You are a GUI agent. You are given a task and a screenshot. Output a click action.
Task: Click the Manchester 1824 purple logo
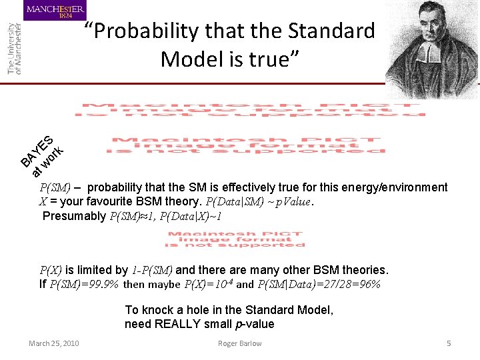click(55, 11)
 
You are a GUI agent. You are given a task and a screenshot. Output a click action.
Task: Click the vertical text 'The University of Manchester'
click(15, 48)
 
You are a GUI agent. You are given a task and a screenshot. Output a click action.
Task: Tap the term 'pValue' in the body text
click(292, 202)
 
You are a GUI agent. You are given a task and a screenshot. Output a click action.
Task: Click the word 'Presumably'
click(73, 216)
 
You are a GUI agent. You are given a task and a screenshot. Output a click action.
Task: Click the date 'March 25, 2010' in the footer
click(53, 343)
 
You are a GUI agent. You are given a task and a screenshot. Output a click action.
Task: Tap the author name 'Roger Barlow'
click(239, 343)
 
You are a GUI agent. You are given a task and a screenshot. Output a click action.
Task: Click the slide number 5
click(449, 343)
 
